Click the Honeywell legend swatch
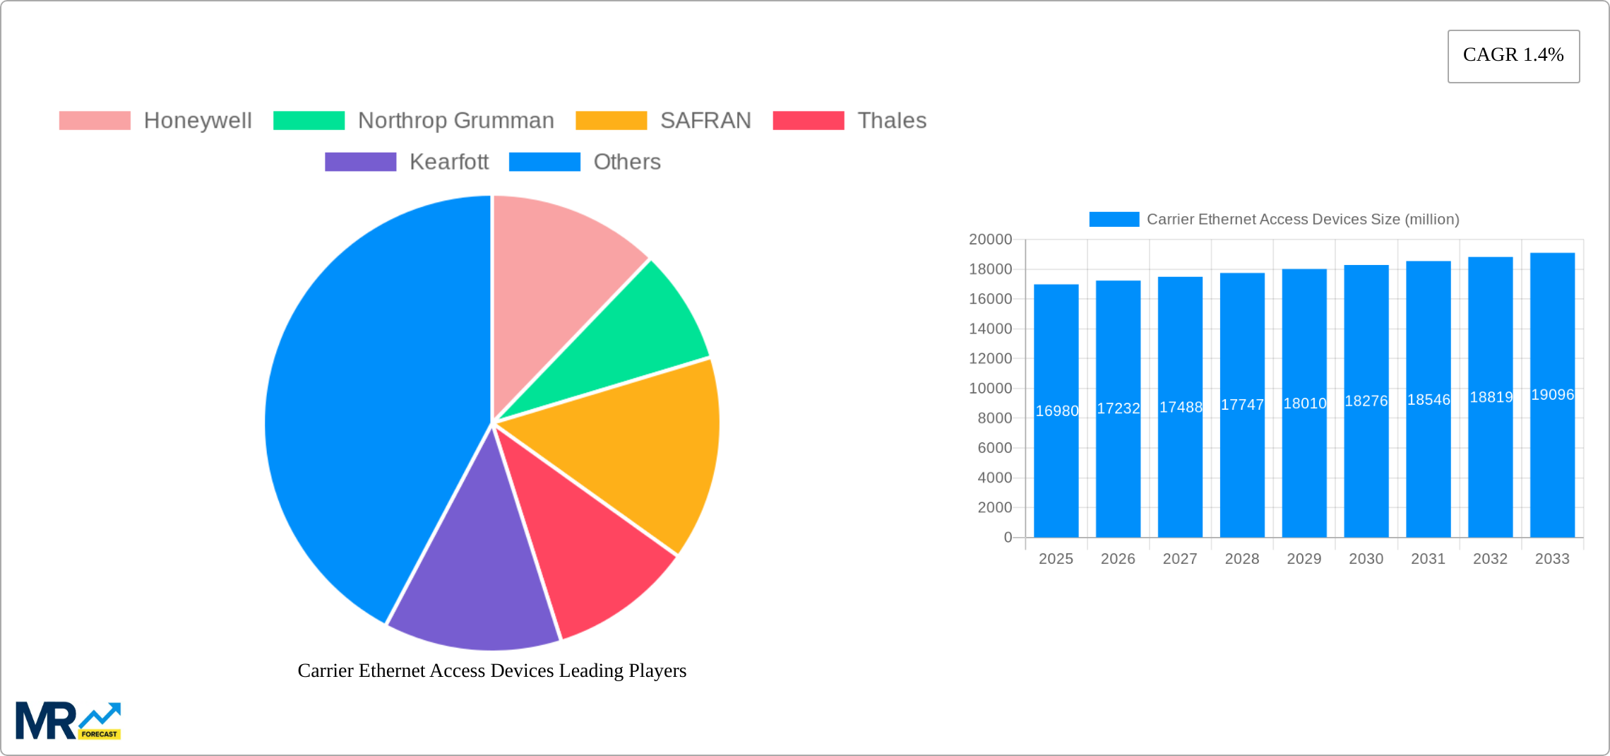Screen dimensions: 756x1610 point(95,121)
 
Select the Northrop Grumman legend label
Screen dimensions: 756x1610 point(455,121)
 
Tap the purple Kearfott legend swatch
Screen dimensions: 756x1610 point(360,162)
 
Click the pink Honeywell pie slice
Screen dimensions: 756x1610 point(558,268)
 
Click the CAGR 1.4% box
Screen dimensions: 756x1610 point(1513,56)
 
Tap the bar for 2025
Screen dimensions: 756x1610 point(1056,459)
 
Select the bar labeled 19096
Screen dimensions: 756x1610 point(1552,459)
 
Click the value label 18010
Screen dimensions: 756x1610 point(1304,403)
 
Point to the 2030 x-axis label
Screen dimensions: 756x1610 point(1366,559)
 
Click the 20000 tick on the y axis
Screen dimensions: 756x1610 point(990,240)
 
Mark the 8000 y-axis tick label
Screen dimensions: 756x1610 point(994,418)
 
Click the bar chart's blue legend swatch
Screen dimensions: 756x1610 point(1114,219)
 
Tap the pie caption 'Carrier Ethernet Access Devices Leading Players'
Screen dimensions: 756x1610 point(491,671)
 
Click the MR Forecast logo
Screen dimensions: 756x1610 point(68,721)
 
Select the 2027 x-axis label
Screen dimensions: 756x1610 point(1180,559)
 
